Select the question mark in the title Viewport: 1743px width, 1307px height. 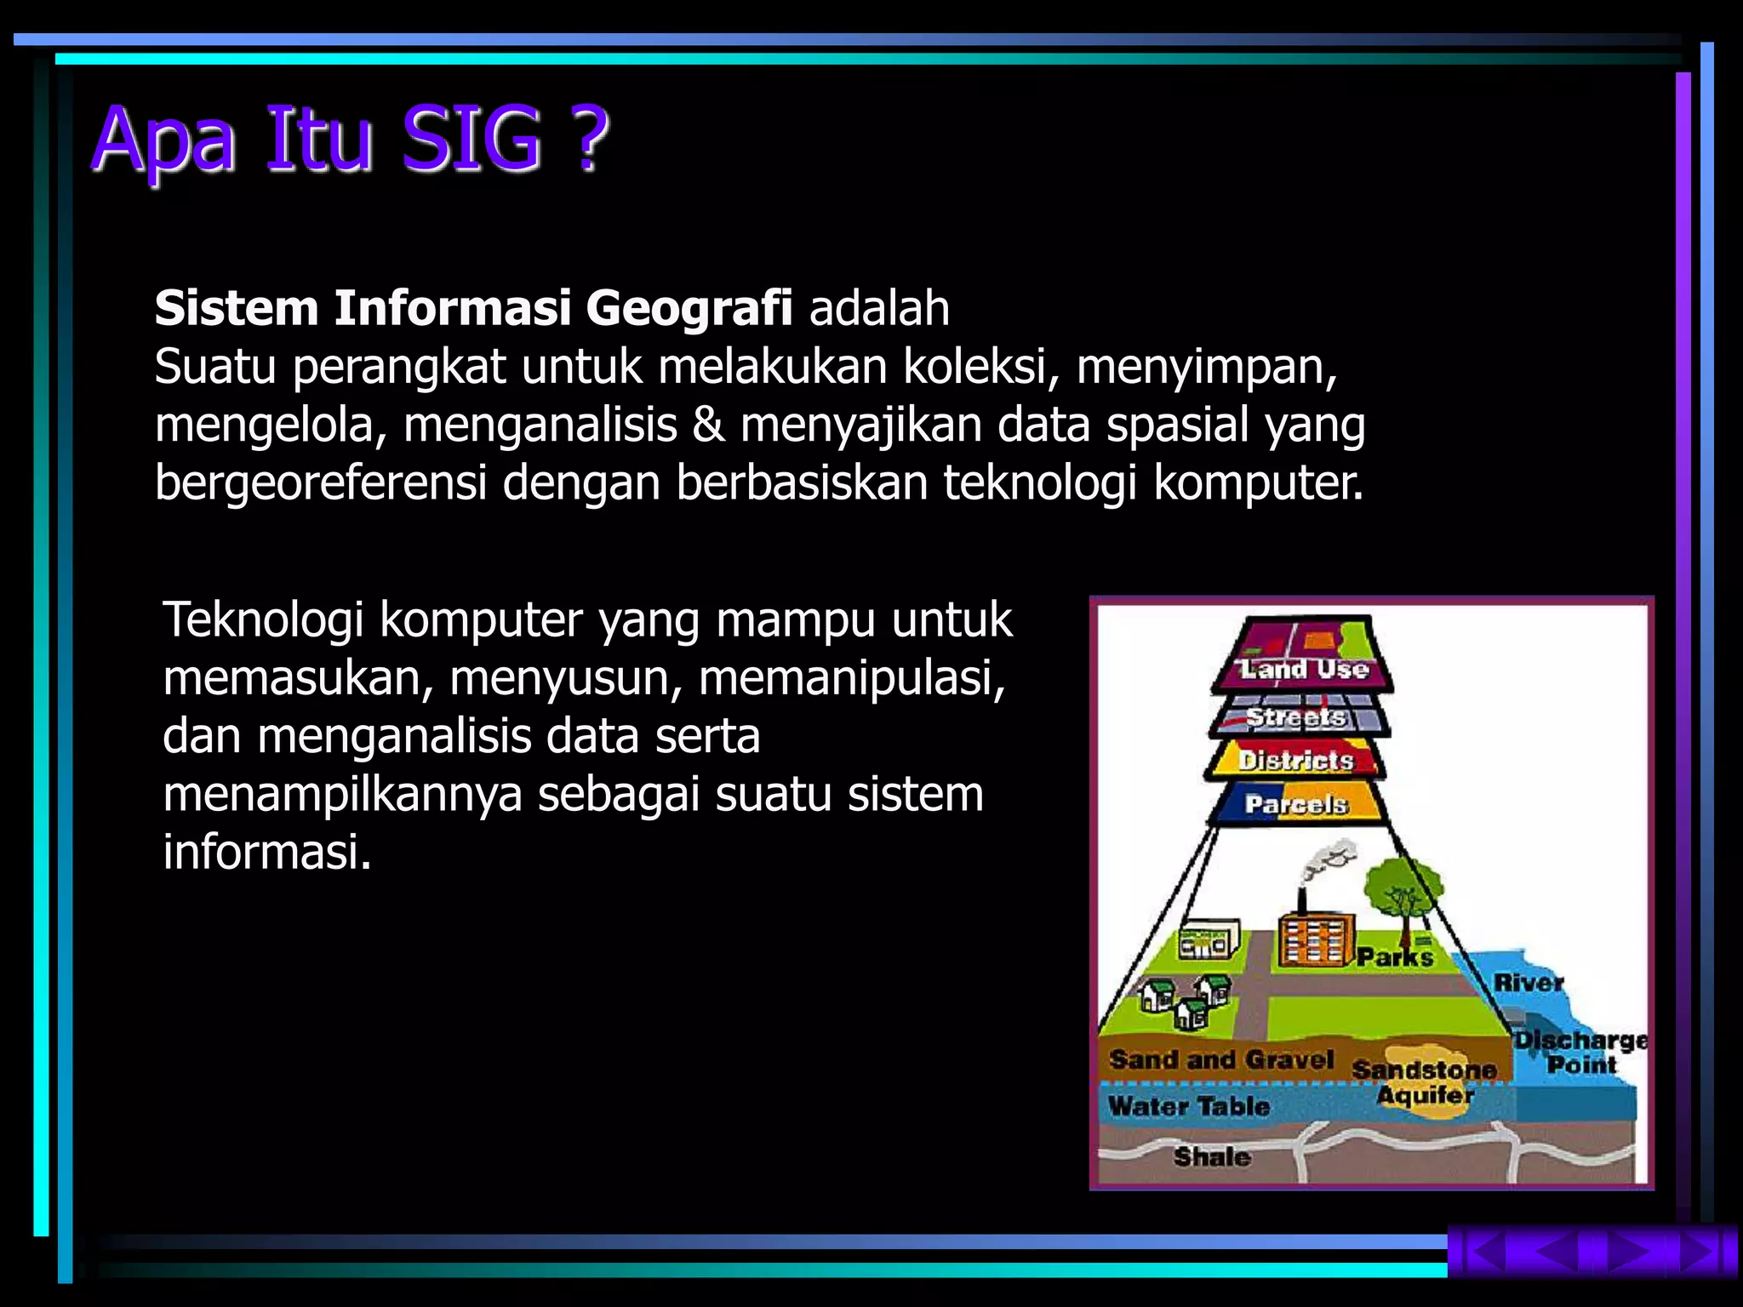click(588, 139)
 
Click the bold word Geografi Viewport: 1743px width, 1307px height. click(689, 308)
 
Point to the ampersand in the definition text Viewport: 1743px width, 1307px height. click(708, 425)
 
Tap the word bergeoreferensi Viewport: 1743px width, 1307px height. click(320, 483)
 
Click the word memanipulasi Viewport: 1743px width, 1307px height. click(851, 678)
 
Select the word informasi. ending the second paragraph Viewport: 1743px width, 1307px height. click(266, 852)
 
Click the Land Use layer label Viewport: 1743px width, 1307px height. click(1303, 669)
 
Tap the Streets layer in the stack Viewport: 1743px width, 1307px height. click(1296, 717)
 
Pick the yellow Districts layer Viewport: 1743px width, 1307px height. click(1294, 760)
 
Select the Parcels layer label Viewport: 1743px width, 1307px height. click(1296, 804)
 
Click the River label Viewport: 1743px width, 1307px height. click(1529, 982)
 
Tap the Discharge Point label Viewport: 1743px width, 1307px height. click(1580, 1053)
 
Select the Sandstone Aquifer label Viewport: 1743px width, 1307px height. click(1424, 1082)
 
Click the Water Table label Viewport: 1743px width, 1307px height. click(1188, 1106)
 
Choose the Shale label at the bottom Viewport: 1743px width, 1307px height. click(1212, 1156)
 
